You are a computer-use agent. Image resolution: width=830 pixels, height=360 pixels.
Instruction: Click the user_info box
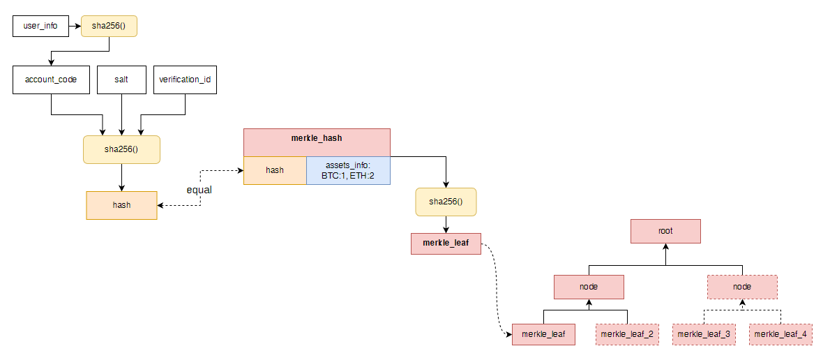pyautogui.click(x=40, y=27)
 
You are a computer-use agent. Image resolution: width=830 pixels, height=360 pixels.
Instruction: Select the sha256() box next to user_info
pyautogui.click(x=108, y=27)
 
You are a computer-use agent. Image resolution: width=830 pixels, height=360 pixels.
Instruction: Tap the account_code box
pyautogui.click(x=51, y=80)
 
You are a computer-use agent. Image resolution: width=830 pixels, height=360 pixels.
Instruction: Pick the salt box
pyautogui.click(x=121, y=80)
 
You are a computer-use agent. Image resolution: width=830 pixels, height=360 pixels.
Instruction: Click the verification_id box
pyautogui.click(x=185, y=80)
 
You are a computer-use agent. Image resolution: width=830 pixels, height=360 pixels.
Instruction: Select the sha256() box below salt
pyautogui.click(x=121, y=149)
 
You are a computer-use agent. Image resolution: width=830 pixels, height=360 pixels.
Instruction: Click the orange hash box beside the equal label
pyautogui.click(x=121, y=205)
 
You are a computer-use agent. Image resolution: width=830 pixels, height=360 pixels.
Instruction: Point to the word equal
pyautogui.click(x=199, y=190)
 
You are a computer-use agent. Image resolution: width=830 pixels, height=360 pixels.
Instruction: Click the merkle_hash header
pyautogui.click(x=317, y=137)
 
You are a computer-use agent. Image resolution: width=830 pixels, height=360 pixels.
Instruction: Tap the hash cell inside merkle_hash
pyautogui.click(x=275, y=170)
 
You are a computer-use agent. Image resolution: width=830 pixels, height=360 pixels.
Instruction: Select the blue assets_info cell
pyautogui.click(x=348, y=170)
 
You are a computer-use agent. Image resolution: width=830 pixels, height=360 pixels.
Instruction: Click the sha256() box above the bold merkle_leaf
pyautogui.click(x=446, y=202)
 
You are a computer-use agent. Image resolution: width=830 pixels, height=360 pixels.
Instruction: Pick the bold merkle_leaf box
pyautogui.click(x=446, y=243)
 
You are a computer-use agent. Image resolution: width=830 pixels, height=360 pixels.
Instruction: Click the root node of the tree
pyautogui.click(x=665, y=231)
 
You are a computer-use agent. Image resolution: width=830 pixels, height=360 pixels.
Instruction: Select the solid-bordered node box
pyautogui.click(x=589, y=287)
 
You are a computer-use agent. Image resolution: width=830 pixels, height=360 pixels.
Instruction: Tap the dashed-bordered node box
pyautogui.click(x=742, y=287)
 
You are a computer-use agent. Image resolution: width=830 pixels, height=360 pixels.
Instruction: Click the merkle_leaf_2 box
pyautogui.click(x=627, y=334)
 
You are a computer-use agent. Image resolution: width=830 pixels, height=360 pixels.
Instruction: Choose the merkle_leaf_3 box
pyautogui.click(x=704, y=334)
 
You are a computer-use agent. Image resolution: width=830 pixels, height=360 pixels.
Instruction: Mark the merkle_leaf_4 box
pyautogui.click(x=780, y=334)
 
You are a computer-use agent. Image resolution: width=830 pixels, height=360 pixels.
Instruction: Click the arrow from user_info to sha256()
pyautogui.click(x=74, y=27)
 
